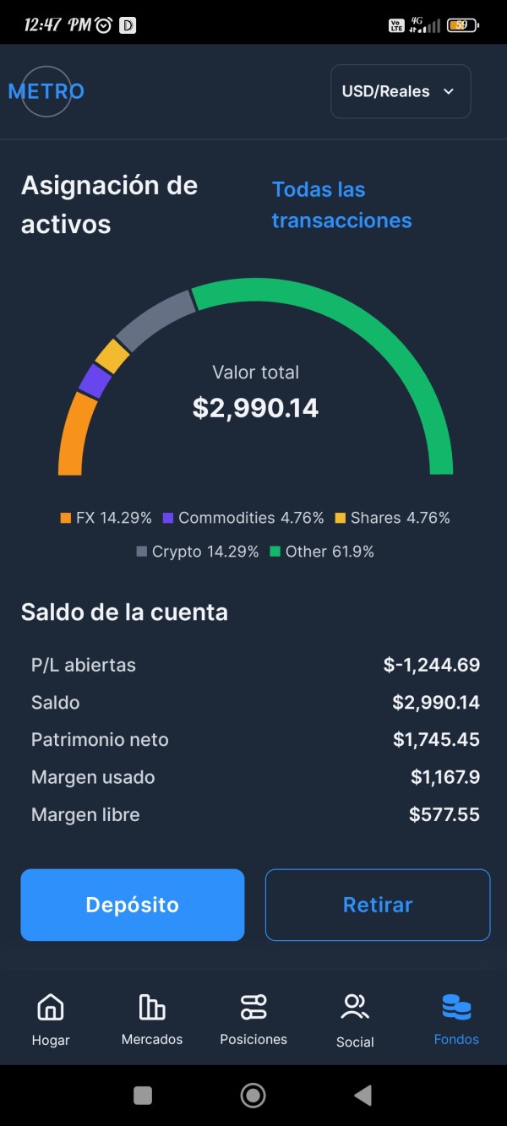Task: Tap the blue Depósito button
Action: coord(133,905)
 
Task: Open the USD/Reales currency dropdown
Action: coord(400,91)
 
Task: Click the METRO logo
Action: coord(46,91)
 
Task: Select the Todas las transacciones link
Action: coord(341,205)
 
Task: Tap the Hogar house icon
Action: coord(51,1007)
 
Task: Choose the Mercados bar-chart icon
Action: coord(152,1007)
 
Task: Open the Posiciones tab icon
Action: coord(253,1007)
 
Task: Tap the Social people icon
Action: coord(355,1007)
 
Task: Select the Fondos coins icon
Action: coord(456,1007)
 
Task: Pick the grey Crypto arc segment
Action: coord(154,319)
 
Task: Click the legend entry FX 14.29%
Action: coord(106,518)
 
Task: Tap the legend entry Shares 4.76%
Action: coord(392,518)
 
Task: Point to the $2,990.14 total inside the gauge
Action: coord(255,408)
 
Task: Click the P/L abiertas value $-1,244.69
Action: coord(431,665)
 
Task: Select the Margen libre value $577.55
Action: coord(444,814)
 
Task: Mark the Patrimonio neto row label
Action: coord(100,740)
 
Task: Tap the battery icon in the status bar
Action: coord(462,25)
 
